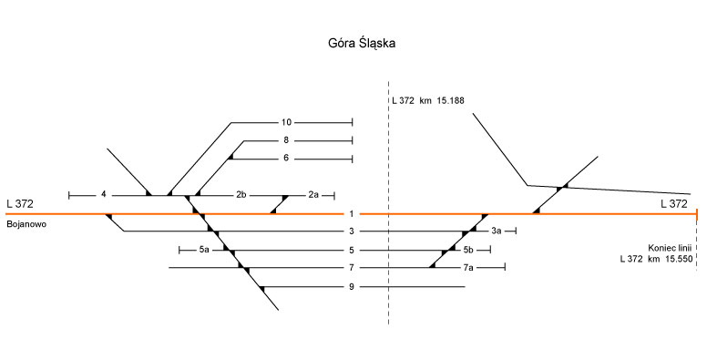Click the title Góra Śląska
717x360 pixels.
362,44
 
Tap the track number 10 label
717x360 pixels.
286,122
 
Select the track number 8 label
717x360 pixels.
286,140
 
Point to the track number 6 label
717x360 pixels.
286,158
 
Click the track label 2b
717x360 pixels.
241,194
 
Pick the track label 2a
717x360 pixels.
313,194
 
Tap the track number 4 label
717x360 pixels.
104,194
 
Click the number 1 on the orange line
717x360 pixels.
352,213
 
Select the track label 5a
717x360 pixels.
204,250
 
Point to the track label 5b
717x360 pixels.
468,250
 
